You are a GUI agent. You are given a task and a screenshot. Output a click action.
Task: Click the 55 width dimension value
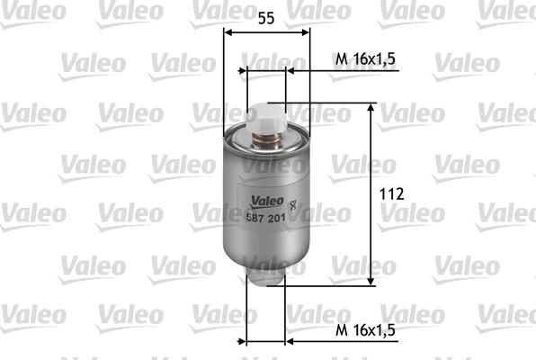pyautogui.click(x=266, y=17)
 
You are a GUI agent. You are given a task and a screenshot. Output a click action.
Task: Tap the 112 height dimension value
pyautogui.click(x=391, y=194)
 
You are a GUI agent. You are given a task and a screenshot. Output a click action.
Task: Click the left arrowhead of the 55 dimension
pyautogui.click(x=228, y=33)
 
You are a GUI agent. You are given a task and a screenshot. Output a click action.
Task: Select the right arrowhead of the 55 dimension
pyautogui.click(x=306, y=33)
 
